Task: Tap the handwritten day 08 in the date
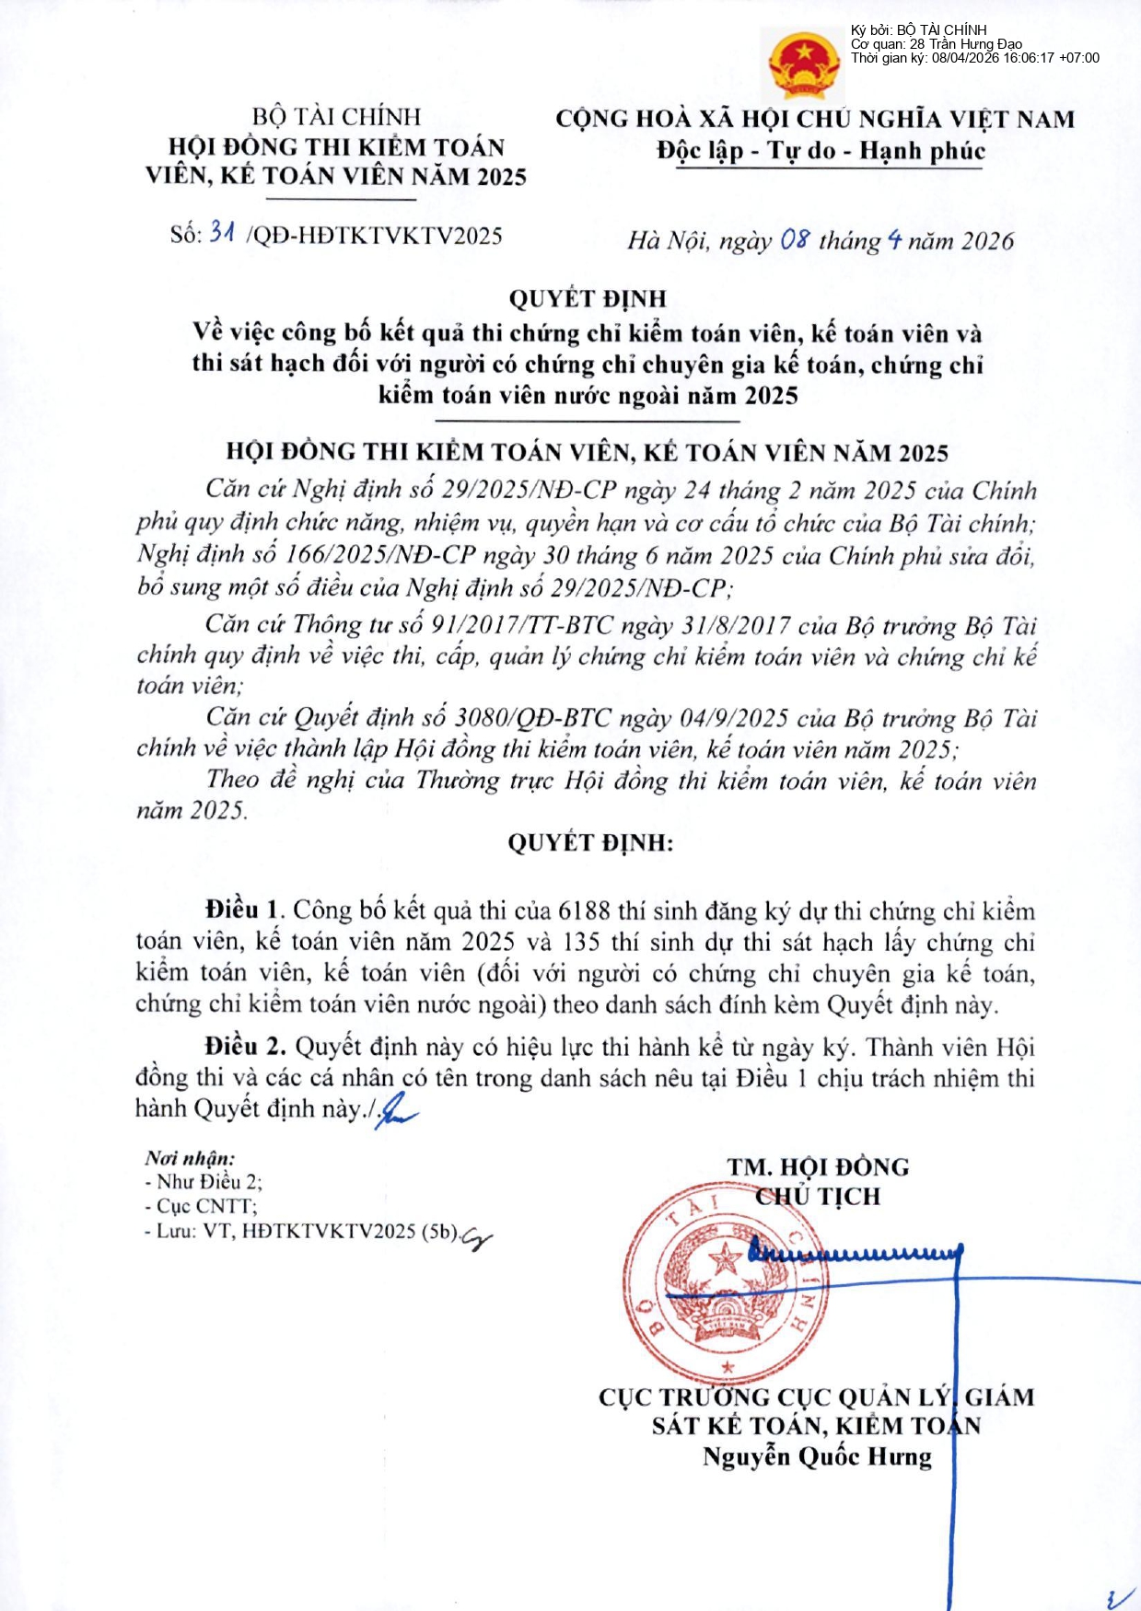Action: [x=795, y=240]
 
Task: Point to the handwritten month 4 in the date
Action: [x=894, y=241]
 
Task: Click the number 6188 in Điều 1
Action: [x=584, y=910]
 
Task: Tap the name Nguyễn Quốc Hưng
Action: [x=817, y=1456]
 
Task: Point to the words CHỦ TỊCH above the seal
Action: [x=818, y=1196]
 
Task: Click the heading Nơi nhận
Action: [x=189, y=1158]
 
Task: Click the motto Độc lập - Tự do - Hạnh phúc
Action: [x=821, y=151]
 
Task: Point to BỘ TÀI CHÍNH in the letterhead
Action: [x=336, y=117]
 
